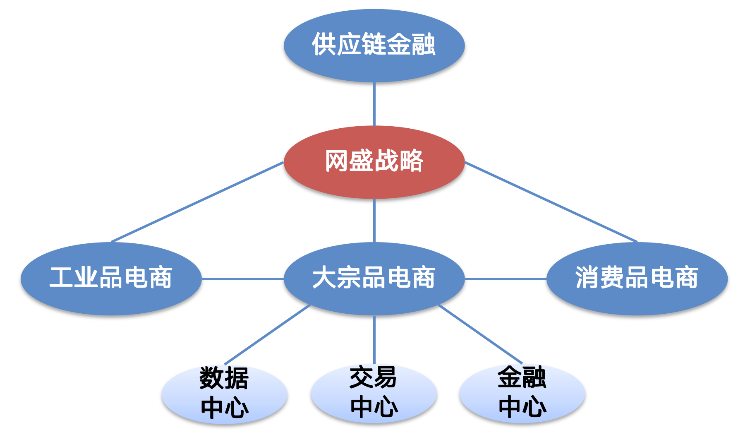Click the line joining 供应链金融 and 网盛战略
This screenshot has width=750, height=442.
point(374,103)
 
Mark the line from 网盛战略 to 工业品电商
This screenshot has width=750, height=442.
point(198,202)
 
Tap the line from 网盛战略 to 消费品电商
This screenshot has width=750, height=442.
point(551,202)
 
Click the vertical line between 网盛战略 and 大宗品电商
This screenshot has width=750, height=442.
point(374,221)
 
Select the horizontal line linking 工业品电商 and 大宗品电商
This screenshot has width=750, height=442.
point(242,279)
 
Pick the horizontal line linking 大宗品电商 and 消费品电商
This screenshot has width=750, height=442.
point(506,279)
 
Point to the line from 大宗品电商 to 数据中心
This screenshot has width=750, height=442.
point(267,334)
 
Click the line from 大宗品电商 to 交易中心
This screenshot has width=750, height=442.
point(374,339)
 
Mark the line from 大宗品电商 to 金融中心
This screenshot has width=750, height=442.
point(480,334)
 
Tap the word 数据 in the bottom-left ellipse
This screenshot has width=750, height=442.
point(224,378)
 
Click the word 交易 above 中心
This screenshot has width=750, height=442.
point(373,377)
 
